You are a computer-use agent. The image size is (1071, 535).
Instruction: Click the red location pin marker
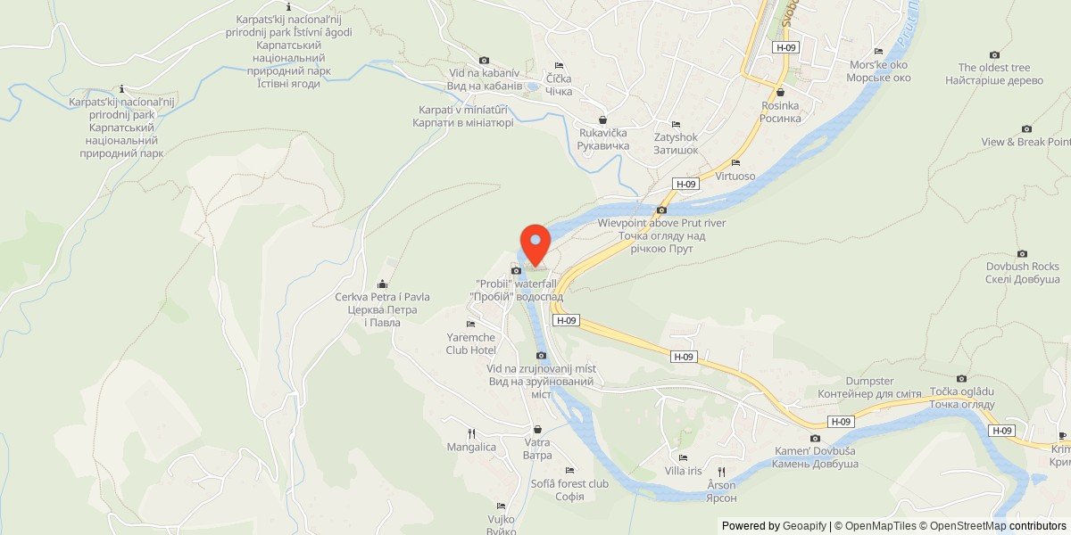[535, 243]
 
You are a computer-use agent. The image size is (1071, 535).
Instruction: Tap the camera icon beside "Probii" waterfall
[515, 270]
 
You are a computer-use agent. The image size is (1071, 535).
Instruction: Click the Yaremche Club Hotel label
[471, 343]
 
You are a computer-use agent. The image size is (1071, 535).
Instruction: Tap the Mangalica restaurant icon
[471, 433]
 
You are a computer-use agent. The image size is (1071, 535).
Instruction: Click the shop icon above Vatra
[537, 429]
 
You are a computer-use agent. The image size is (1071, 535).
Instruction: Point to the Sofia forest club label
[569, 490]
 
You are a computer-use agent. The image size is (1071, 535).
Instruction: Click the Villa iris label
[684, 471]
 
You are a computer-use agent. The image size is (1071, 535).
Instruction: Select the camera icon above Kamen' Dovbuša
[815, 438]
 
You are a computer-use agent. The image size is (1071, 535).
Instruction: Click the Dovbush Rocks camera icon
[1022, 253]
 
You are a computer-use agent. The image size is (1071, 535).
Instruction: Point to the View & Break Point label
[1025, 142]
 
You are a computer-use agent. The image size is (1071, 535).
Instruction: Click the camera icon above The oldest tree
[994, 54]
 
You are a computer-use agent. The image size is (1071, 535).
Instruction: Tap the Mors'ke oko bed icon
[879, 52]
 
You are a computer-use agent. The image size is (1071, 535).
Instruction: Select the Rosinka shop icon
[781, 92]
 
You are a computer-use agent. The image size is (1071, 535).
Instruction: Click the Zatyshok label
[676, 143]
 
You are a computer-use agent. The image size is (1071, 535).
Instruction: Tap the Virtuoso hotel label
[735, 176]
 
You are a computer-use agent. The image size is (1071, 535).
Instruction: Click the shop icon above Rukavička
[602, 119]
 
